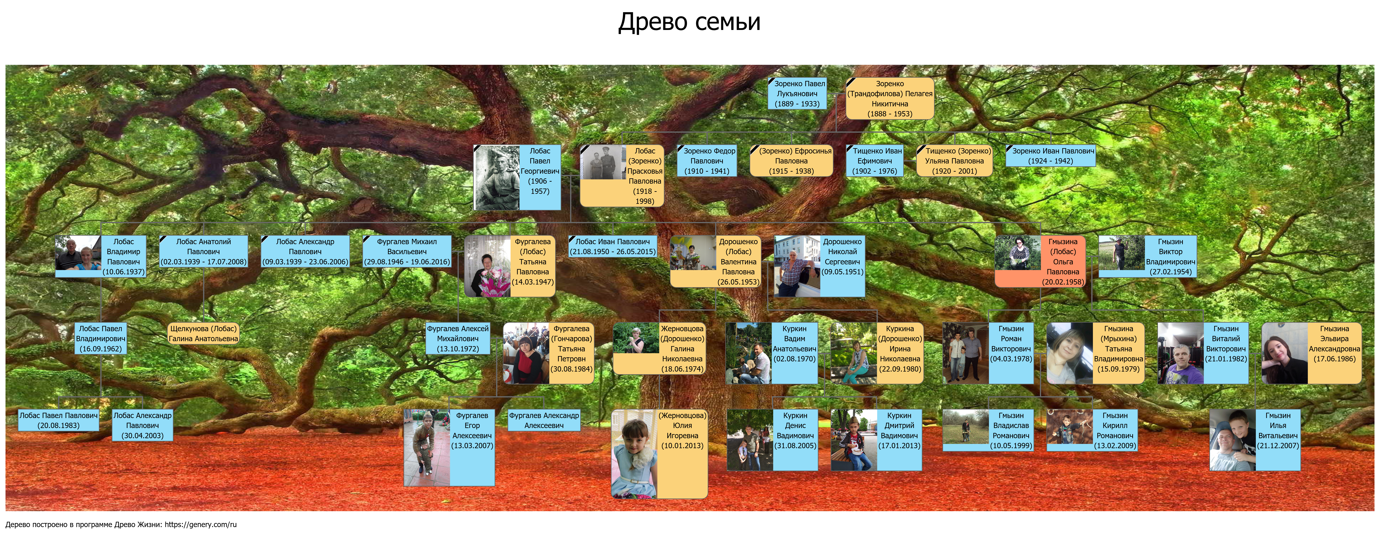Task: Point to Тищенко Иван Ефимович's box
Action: tap(875, 161)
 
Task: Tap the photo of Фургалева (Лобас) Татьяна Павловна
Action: tap(488, 266)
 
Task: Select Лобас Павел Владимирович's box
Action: tap(101, 339)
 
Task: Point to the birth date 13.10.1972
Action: tap(458, 349)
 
